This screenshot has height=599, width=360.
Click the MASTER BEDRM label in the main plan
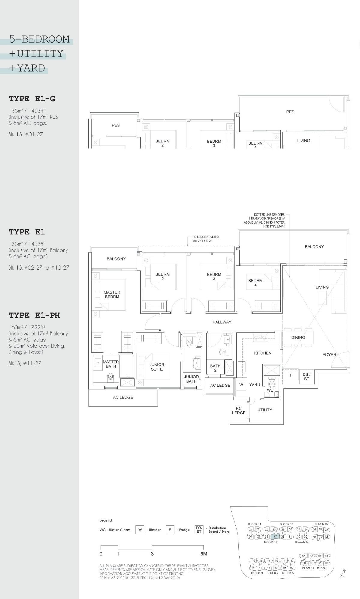click(112, 294)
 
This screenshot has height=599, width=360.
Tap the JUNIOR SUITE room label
click(157, 367)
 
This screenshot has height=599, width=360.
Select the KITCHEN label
click(263, 353)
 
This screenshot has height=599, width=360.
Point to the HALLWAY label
click(222, 322)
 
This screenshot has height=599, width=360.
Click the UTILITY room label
click(265, 410)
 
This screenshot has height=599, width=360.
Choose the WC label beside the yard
click(270, 390)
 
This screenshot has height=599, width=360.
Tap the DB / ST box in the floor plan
click(306, 377)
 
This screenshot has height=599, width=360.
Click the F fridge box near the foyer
click(291, 375)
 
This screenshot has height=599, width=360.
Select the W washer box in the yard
click(241, 385)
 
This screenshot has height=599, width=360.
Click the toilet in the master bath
click(110, 377)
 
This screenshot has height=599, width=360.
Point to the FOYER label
click(329, 354)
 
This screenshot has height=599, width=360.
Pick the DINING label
click(298, 337)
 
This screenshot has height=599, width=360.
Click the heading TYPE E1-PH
click(34, 315)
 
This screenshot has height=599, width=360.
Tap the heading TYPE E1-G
click(32, 99)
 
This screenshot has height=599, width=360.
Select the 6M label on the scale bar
click(204, 554)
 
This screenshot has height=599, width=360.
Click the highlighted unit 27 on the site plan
click(275, 536)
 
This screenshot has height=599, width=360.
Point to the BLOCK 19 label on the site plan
click(321, 524)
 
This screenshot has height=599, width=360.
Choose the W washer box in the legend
click(140, 530)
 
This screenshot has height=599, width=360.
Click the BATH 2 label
click(215, 368)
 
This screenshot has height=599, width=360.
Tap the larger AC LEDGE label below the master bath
click(123, 397)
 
